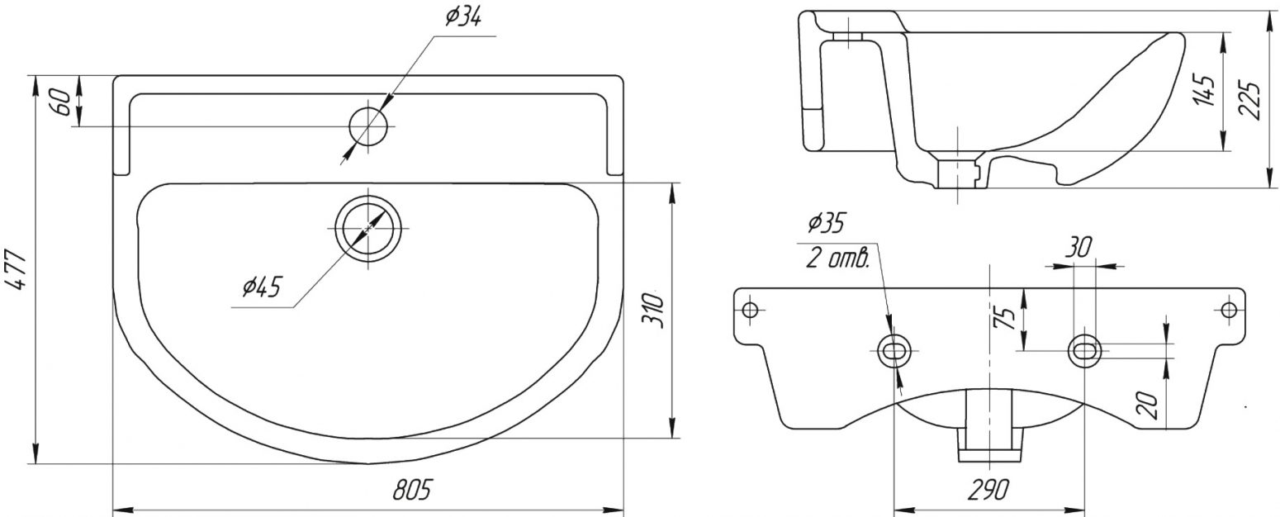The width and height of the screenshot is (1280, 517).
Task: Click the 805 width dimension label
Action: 412,490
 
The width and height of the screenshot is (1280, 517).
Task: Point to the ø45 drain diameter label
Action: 261,287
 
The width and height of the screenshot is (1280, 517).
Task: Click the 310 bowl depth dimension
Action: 653,311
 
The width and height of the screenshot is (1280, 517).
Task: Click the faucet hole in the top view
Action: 368,126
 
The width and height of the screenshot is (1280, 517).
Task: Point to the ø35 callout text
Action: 825,223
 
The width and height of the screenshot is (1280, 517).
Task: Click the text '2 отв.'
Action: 838,258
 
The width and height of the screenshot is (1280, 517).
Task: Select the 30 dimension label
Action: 1079,247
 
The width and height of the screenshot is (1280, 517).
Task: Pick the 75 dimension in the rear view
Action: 1004,318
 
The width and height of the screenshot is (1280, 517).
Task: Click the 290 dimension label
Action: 988,490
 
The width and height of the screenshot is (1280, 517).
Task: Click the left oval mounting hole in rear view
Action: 894,350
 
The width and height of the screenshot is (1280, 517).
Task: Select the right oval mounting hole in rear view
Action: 1085,350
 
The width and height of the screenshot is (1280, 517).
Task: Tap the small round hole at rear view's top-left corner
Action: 749,310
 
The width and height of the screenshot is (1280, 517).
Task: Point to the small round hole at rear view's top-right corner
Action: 1228,310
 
